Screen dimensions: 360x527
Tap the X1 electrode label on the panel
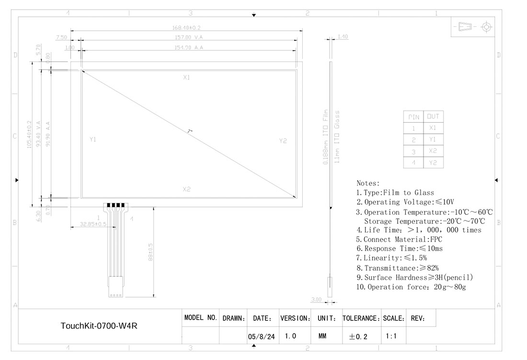point(186,77)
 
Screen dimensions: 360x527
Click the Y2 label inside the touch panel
point(283,140)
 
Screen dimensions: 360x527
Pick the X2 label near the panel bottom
point(186,189)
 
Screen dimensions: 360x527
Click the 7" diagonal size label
point(190,131)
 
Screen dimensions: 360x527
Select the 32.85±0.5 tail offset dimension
point(93,224)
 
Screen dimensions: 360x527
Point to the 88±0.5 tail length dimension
point(150,252)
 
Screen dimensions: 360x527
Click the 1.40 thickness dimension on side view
point(343,37)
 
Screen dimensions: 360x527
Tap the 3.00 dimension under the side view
point(316,300)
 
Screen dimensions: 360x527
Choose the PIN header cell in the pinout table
point(413,116)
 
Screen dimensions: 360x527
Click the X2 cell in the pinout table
point(433,151)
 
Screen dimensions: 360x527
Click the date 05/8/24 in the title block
point(261,337)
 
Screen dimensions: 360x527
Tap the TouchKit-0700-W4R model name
point(102,326)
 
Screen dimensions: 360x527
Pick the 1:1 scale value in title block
point(391,336)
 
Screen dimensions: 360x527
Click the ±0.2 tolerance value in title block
point(358,337)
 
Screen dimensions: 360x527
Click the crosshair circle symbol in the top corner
point(487,27)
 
